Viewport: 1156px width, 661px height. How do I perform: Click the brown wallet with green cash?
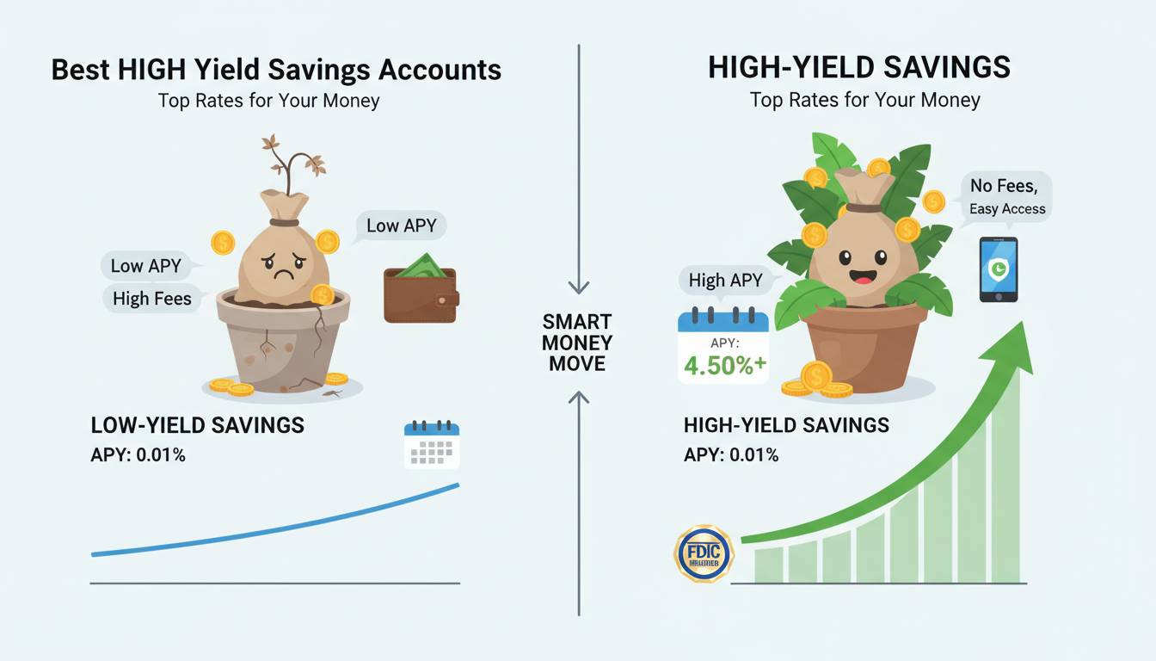(421, 288)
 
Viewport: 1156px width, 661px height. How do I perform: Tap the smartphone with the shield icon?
(999, 269)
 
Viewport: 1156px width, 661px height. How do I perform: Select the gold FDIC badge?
(704, 553)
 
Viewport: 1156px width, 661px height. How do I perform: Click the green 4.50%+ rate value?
(724, 366)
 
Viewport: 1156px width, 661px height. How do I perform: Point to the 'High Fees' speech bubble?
(152, 299)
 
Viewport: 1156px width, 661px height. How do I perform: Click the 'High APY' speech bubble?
(725, 281)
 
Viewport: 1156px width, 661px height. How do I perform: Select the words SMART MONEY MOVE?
(577, 343)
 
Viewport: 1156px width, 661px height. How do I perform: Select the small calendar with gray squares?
(432, 445)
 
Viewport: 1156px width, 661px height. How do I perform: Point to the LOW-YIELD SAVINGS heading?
(198, 425)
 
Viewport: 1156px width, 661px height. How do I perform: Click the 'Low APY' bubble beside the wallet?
(401, 225)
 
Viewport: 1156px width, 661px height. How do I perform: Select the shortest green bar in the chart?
(769, 565)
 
